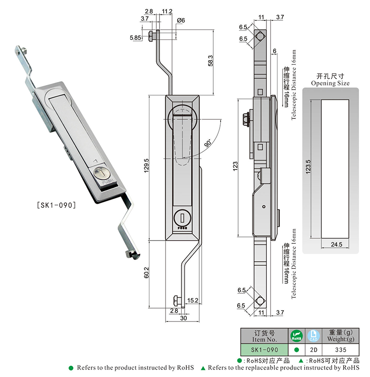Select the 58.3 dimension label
(210, 60)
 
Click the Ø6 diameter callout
(181, 20)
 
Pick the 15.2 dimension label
(193, 301)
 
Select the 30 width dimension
(183, 319)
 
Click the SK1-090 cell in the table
(265, 350)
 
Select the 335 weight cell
(340, 350)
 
